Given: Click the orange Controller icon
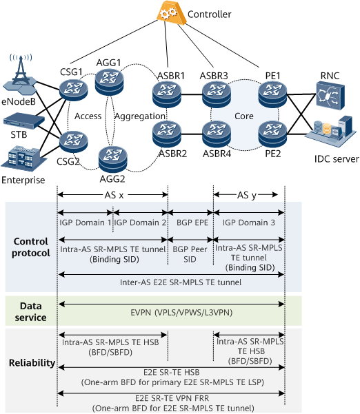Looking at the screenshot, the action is pos(170,14).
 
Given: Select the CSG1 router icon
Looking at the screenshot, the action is pos(74,90).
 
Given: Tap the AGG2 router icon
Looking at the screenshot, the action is pos(112,160).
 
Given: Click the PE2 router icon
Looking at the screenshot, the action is pos(272,134).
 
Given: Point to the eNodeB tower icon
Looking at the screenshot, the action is pos(20,75).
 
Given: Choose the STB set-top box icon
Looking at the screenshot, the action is pos(23,121).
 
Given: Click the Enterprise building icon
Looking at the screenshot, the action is pos(23,158).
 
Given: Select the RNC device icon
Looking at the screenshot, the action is pos(330,96).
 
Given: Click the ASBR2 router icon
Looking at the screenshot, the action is pos(167,134).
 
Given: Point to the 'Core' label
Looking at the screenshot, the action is pos(243,116).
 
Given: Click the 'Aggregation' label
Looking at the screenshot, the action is pos(140,116).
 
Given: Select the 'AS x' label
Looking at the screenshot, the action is pos(114,196).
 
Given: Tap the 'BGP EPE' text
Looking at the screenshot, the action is pos(192,222).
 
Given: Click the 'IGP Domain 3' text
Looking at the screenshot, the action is pos(248,222).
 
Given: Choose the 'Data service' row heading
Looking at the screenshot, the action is pos(30,311).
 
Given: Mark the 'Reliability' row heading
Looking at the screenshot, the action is pos(32,363).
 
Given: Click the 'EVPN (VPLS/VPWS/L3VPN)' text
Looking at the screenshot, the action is pos(181,313).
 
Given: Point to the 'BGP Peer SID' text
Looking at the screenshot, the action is pos(190,254).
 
